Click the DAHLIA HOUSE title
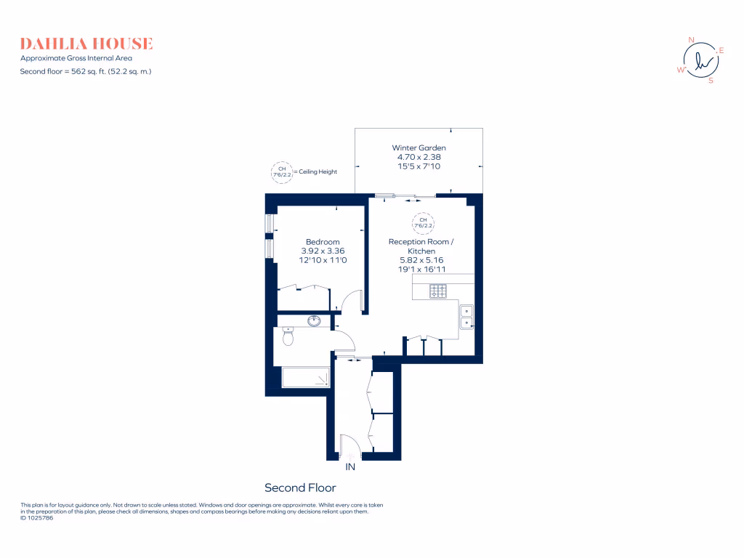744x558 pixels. coord(86,44)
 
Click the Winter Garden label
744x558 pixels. coord(418,147)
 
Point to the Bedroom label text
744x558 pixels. coord(323,242)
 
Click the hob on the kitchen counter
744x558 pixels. coord(438,291)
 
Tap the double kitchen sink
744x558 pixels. coord(466,317)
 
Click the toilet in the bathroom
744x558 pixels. coord(288,337)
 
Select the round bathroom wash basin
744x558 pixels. coord(315,320)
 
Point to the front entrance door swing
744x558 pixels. coord(349,445)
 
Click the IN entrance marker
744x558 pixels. coord(350,466)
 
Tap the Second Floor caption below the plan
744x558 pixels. coord(300,488)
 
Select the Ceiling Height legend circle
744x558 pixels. coord(280,171)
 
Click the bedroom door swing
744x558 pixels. coord(352,302)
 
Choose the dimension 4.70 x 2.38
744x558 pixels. coord(418,157)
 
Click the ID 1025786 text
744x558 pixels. coord(37,518)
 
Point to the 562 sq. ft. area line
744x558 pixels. coord(86,71)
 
